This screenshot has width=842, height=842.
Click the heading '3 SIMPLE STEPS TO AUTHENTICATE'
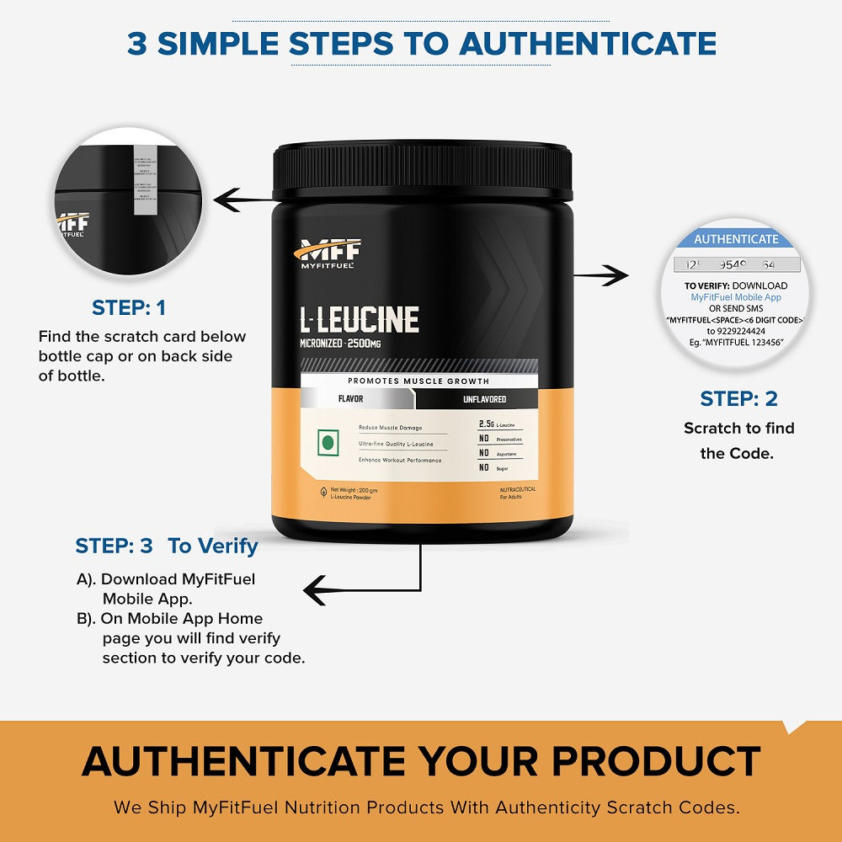pyautogui.click(x=421, y=43)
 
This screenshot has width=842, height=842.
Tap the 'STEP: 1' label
pyautogui.click(x=129, y=308)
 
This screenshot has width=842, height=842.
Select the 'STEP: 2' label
pyautogui.click(x=738, y=399)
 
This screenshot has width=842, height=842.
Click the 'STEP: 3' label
pyautogui.click(x=114, y=546)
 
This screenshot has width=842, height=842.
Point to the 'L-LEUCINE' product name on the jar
pyautogui.click(x=360, y=320)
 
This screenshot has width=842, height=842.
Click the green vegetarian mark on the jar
pyautogui.click(x=328, y=442)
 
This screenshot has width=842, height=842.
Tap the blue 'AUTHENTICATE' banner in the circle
pyautogui.click(x=736, y=239)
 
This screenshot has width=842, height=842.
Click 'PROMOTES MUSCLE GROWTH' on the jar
pyautogui.click(x=419, y=381)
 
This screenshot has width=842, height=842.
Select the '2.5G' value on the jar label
pyautogui.click(x=485, y=424)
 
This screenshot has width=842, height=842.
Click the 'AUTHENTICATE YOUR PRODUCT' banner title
pyautogui.click(x=421, y=761)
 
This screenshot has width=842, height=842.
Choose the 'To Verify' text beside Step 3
pyautogui.click(x=213, y=546)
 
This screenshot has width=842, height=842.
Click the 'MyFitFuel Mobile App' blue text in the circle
pyautogui.click(x=736, y=297)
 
